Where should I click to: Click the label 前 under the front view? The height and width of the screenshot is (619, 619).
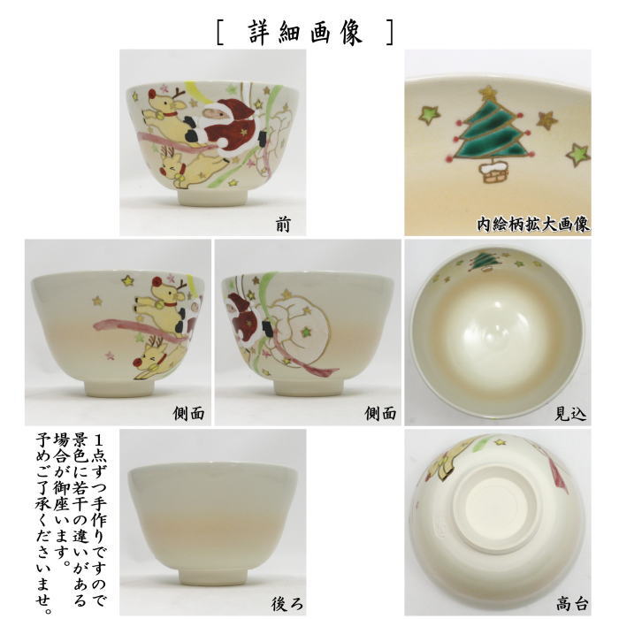(x=281, y=225)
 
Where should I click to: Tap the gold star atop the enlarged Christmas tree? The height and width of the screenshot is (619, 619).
(x=488, y=92)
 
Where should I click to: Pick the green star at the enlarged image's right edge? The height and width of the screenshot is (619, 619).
(x=577, y=154)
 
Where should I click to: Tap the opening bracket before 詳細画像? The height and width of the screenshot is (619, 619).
(x=221, y=31)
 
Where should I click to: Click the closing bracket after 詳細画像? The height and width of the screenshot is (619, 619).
(x=389, y=31)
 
